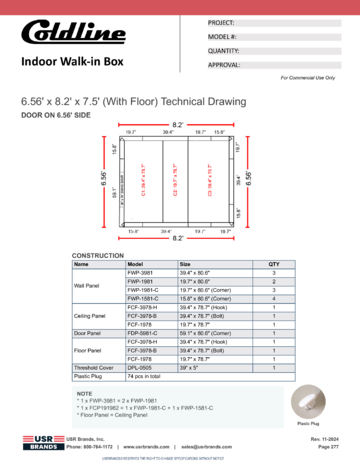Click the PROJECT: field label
tap(223, 23)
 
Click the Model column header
tap(136, 265)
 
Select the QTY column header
tap(273, 265)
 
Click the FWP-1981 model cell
tap(141, 282)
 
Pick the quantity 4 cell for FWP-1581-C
tap(273, 299)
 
